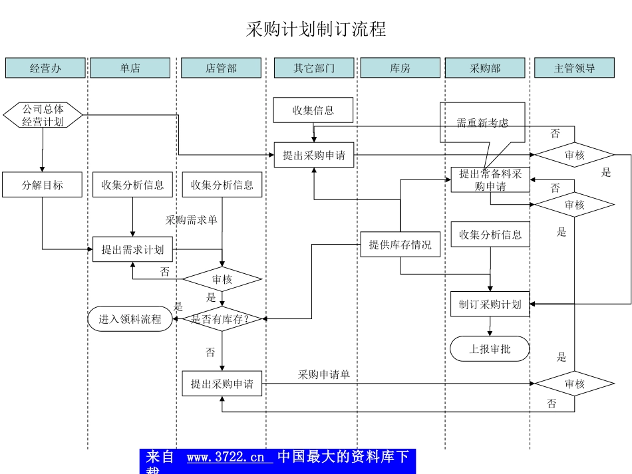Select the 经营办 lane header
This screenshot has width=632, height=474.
[45, 68]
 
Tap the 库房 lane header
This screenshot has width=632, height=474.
[400, 68]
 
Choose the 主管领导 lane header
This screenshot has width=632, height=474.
[574, 68]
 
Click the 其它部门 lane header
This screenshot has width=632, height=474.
[314, 68]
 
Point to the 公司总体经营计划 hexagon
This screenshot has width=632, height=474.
[43, 116]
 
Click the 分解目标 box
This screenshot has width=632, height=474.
[42, 185]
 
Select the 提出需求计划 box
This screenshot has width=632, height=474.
[132, 249]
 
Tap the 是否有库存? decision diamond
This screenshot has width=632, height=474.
[222, 319]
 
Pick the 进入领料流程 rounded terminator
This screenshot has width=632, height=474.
[130, 319]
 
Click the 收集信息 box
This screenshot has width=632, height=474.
[313, 110]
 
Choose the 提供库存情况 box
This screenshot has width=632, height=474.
[400, 245]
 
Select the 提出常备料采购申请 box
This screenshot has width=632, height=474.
[490, 180]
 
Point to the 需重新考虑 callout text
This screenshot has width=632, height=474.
[482, 123]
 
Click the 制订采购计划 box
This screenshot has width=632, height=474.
[490, 304]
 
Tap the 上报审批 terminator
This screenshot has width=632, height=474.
[490, 349]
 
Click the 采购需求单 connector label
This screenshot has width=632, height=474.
[192, 220]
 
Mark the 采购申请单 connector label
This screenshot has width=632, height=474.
[324, 375]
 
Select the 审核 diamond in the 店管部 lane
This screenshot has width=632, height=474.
[222, 280]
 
